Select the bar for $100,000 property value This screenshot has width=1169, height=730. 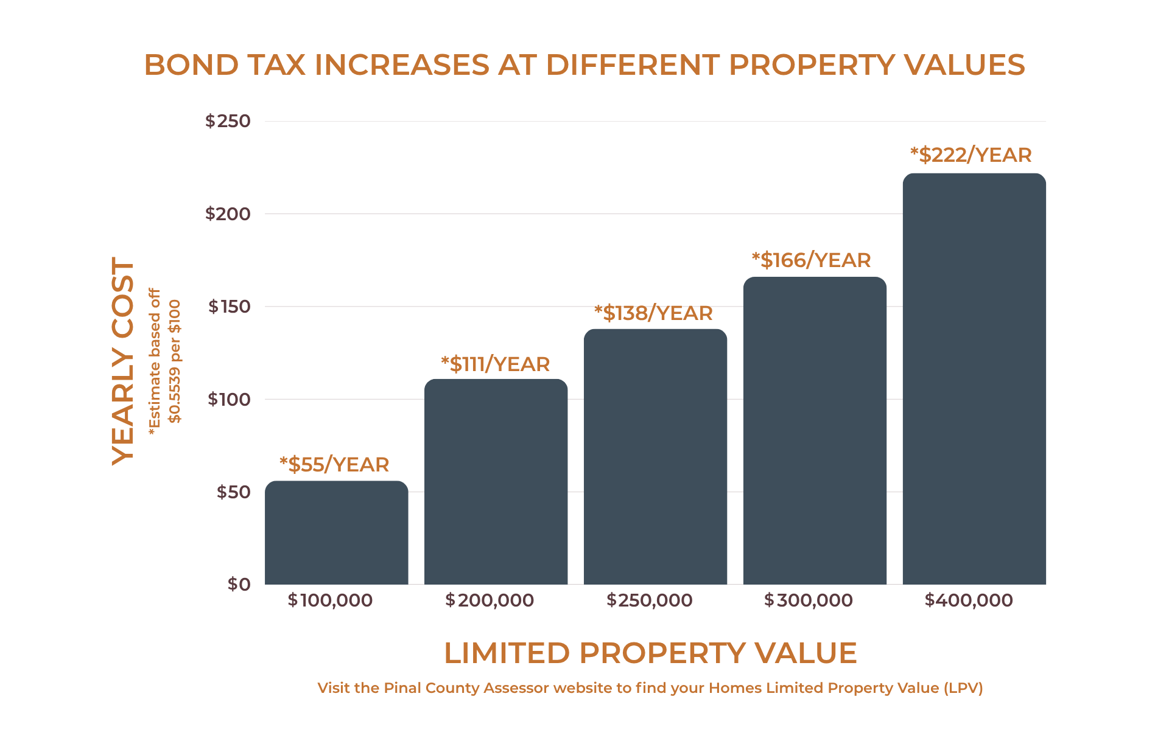click(336, 533)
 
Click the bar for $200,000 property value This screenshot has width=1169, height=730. click(496, 482)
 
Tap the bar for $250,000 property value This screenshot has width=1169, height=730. click(655, 457)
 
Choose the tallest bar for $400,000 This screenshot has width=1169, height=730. click(974, 379)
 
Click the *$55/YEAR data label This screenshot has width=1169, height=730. click(334, 465)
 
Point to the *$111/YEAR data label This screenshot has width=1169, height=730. click(495, 364)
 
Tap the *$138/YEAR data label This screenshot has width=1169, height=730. click(653, 313)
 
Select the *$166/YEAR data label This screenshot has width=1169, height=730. click(811, 260)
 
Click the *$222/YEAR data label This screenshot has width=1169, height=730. click(971, 155)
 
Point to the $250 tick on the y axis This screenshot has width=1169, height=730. click(228, 121)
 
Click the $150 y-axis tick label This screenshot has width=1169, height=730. click(229, 307)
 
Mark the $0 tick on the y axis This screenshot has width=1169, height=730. click(239, 585)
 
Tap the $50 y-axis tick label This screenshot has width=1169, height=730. click(233, 492)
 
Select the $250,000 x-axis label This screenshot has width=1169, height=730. click(649, 600)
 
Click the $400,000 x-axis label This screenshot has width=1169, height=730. click(968, 600)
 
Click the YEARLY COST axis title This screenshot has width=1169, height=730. click(123, 361)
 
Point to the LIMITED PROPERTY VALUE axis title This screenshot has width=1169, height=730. click(650, 653)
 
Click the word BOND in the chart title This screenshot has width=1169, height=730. click(190, 65)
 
